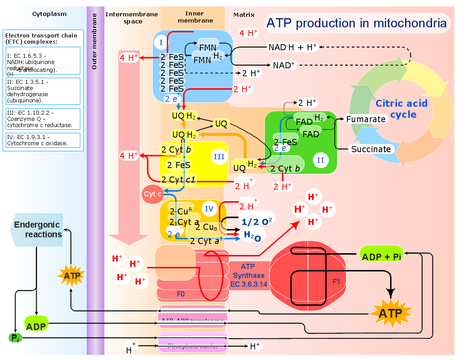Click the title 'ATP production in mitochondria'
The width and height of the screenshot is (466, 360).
pyautogui.click(x=357, y=23)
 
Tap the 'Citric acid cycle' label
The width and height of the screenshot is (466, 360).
pyautogui.click(x=401, y=109)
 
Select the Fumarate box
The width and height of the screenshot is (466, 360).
pyautogui.click(x=366, y=119)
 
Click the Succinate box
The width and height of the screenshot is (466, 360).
pyautogui.click(x=371, y=149)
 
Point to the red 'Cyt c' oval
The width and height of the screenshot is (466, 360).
pyautogui.click(x=153, y=194)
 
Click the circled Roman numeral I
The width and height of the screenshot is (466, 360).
pyautogui.click(x=162, y=42)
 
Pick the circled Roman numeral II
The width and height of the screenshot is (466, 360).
pyautogui.click(x=320, y=160)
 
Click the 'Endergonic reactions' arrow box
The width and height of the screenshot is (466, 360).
pyautogui.click(x=37, y=230)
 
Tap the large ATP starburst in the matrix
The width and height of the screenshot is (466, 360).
pyautogui.click(x=391, y=313)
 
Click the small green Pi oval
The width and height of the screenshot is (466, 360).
pyautogui.click(x=15, y=338)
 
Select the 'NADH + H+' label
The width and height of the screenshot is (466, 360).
pyautogui.click(x=293, y=47)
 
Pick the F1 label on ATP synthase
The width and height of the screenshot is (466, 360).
pyautogui.click(x=336, y=281)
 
